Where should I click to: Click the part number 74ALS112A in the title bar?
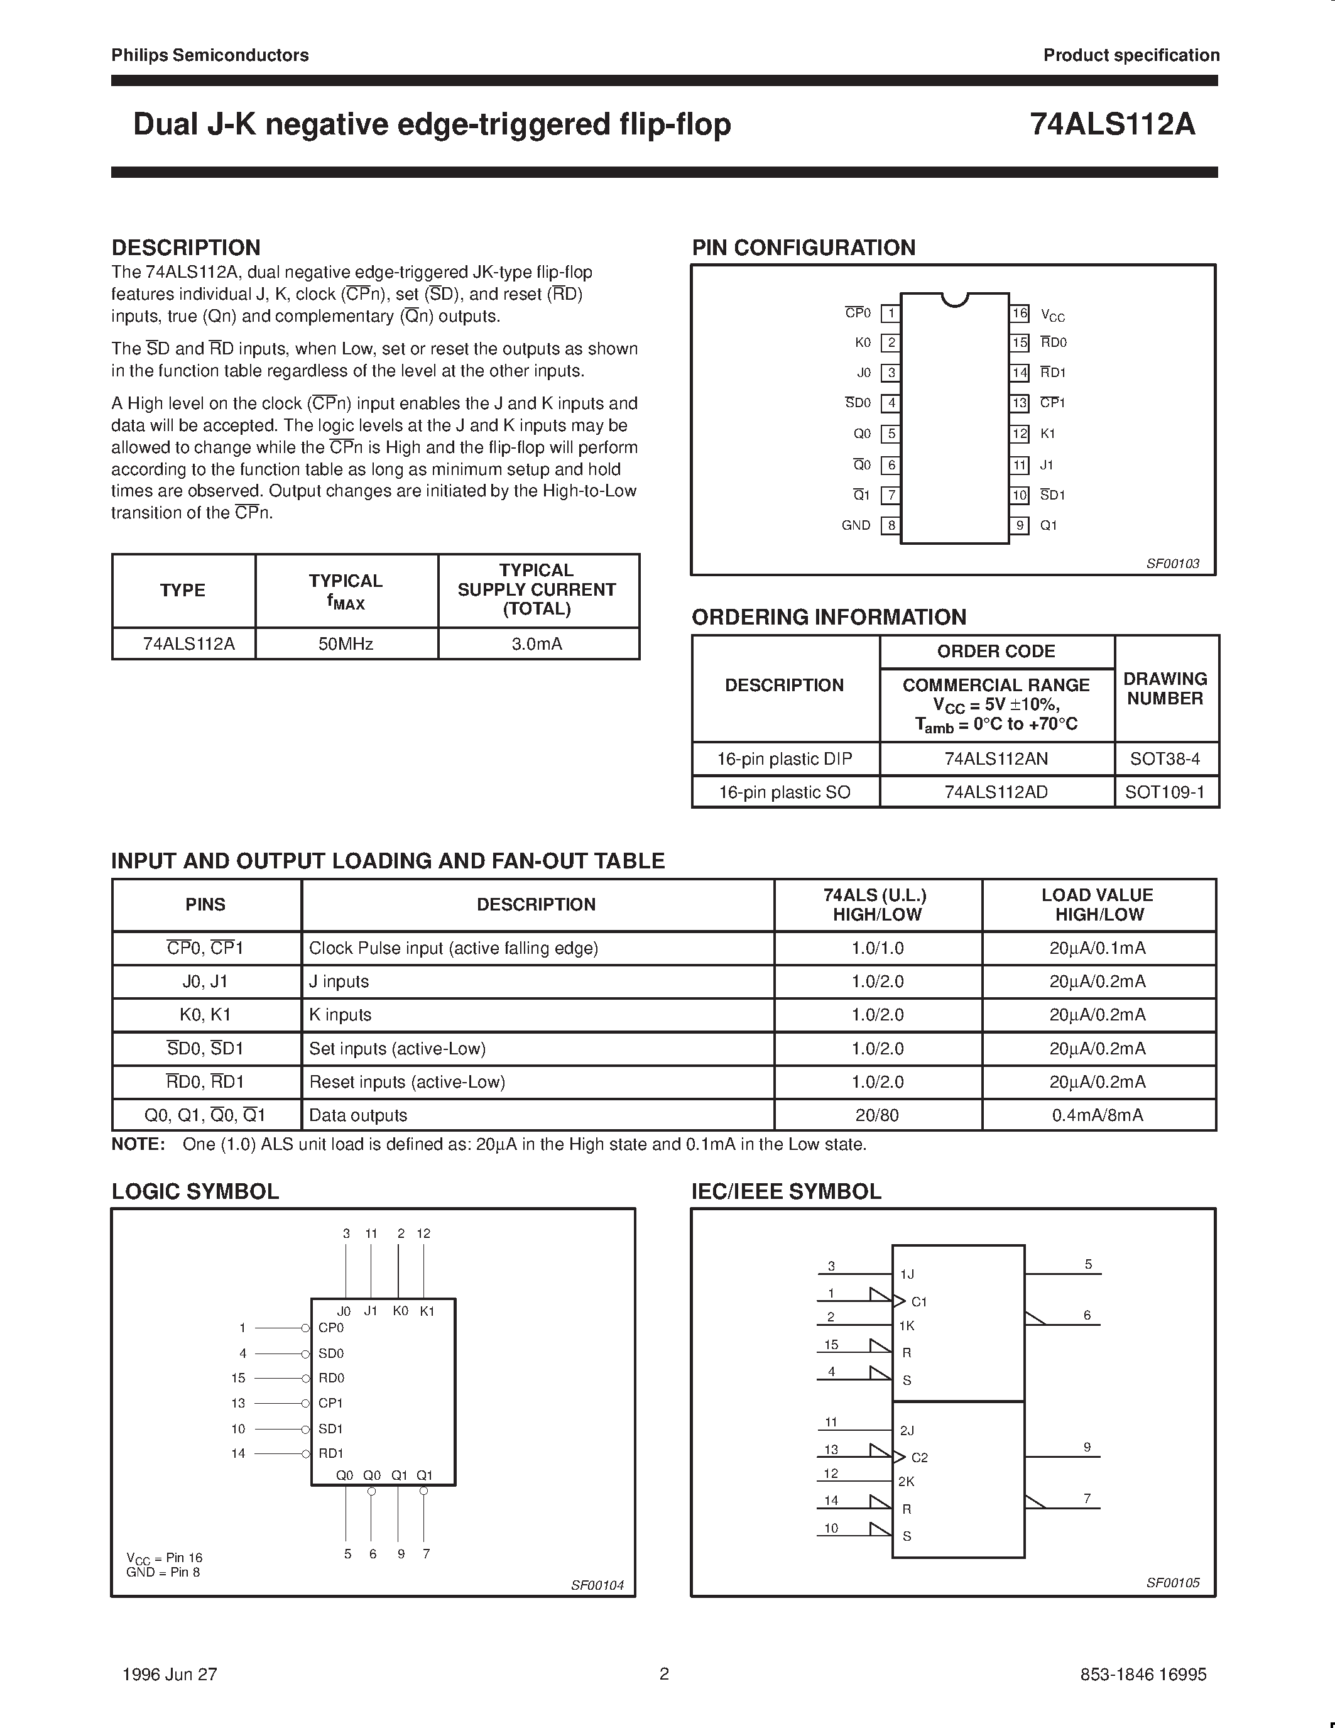click(1112, 124)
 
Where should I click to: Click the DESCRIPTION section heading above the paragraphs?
click(186, 248)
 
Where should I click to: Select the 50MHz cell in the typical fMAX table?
click(346, 644)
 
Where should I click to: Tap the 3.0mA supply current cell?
click(537, 644)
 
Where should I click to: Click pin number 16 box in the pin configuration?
click(1020, 314)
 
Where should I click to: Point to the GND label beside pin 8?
click(856, 525)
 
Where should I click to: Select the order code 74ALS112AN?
click(996, 759)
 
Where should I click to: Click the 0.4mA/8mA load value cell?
click(1097, 1115)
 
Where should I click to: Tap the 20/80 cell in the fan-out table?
click(877, 1115)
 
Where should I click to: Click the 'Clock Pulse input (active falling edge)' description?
click(453, 948)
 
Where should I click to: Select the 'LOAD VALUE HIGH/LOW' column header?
click(1097, 904)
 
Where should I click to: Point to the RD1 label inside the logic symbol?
click(330, 1453)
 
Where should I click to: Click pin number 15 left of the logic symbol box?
click(238, 1378)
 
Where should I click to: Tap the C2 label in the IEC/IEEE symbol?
click(919, 1457)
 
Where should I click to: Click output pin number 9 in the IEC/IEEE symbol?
click(1087, 1446)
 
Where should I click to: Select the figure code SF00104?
click(597, 1585)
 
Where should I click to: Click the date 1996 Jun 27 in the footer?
click(170, 1674)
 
